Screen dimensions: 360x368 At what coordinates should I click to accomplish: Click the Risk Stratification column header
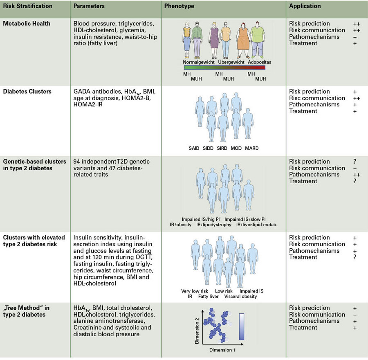(28, 6)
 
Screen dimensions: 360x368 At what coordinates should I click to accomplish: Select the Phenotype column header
(179, 6)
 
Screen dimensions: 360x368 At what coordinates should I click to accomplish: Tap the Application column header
(305, 6)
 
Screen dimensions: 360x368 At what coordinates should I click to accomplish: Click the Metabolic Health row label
(27, 23)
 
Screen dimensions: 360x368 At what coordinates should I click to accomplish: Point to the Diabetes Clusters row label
(27, 91)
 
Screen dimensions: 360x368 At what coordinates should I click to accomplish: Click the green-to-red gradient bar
(224, 67)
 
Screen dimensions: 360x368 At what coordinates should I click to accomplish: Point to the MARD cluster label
(251, 148)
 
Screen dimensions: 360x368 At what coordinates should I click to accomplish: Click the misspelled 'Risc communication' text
(317, 98)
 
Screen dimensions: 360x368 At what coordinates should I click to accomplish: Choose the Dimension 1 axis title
(223, 350)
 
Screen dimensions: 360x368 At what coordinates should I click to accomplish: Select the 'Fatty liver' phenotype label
(209, 296)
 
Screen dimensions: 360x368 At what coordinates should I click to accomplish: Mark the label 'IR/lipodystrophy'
(214, 225)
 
